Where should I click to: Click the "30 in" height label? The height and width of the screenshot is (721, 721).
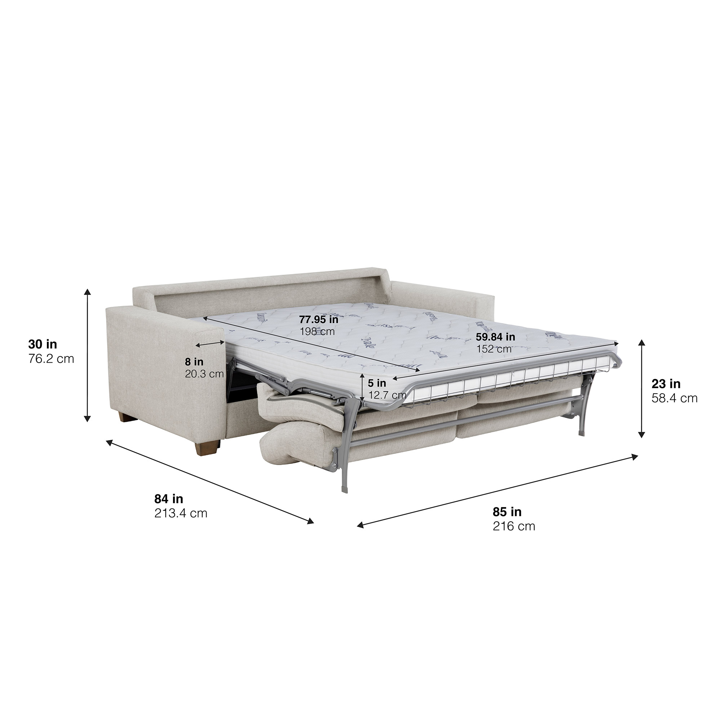pyautogui.click(x=43, y=344)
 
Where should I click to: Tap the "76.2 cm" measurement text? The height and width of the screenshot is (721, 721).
pyautogui.click(x=51, y=359)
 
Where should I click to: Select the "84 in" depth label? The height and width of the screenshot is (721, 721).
pyautogui.click(x=169, y=499)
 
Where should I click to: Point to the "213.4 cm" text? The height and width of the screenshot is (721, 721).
pyautogui.click(x=181, y=513)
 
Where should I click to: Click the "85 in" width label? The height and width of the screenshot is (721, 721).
pyautogui.click(x=507, y=511)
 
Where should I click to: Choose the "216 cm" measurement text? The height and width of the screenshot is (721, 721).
pyautogui.click(x=513, y=526)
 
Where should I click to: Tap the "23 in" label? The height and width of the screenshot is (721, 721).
pyautogui.click(x=666, y=384)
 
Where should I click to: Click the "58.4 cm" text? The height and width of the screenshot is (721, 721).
pyautogui.click(x=674, y=398)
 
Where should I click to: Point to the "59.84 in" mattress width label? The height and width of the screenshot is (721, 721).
pyautogui.click(x=495, y=337)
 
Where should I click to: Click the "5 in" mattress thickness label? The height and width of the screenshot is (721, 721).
pyautogui.click(x=377, y=383)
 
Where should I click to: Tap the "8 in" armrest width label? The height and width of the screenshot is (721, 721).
pyautogui.click(x=194, y=362)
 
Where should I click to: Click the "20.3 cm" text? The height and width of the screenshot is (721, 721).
pyautogui.click(x=204, y=373)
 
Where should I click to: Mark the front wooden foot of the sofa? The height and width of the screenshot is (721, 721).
pyautogui.click(x=207, y=447)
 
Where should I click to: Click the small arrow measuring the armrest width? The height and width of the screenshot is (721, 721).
pyautogui.click(x=210, y=343)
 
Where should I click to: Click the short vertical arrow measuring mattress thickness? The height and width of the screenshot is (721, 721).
pyautogui.click(x=362, y=386)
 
